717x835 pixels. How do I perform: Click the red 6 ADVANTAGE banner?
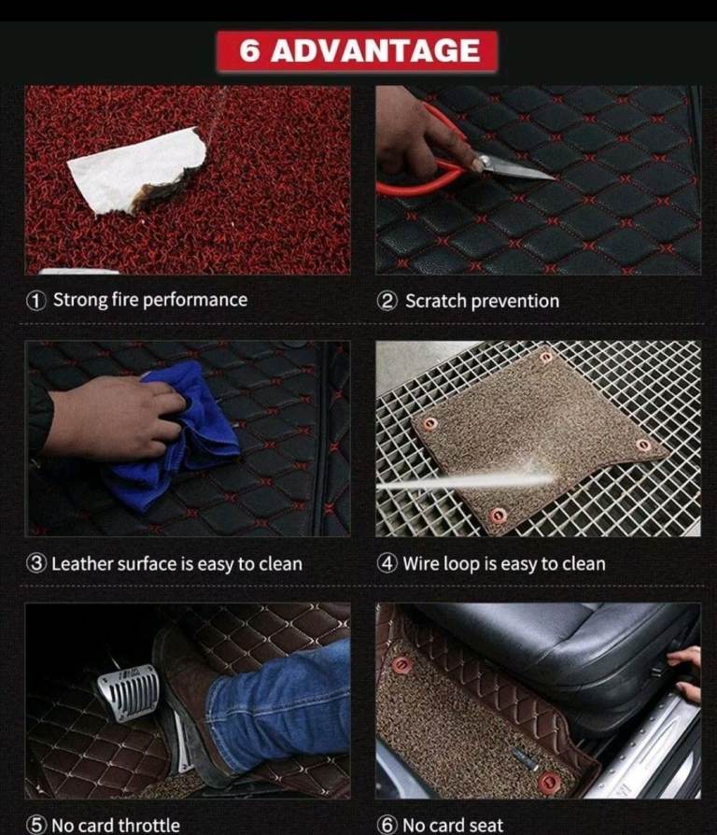tap(357, 51)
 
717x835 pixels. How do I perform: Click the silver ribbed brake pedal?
tap(129, 692)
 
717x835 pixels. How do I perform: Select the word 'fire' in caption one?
tap(125, 300)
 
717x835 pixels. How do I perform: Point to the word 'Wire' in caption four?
tap(421, 563)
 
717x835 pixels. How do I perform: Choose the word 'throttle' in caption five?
tap(148, 826)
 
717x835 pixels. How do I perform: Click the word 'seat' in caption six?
tap(486, 826)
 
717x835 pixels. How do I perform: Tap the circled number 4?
tap(387, 563)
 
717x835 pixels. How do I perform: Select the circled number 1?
tap(35, 301)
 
